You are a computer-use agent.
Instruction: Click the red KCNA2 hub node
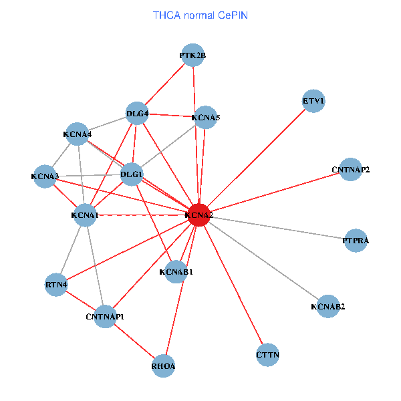point(198,215)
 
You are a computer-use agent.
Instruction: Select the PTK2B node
point(192,56)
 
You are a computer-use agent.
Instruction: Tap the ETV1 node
point(313,102)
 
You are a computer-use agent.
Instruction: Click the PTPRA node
point(356,240)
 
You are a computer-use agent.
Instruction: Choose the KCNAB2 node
point(327,307)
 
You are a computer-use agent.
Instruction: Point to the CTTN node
point(267,354)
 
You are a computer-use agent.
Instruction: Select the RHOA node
point(164,366)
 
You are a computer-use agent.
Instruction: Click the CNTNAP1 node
point(106,316)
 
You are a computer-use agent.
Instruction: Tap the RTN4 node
point(57,285)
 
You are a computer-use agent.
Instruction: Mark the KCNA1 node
point(85,215)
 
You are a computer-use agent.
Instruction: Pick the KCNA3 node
point(45,176)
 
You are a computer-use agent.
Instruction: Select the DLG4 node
point(137,113)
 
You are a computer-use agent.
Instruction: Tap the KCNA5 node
point(205,118)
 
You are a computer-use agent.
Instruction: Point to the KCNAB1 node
point(176,272)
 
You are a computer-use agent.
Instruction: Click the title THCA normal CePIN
point(200,15)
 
